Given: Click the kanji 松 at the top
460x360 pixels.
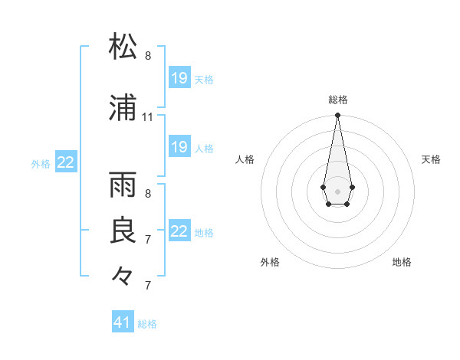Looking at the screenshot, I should [123, 47].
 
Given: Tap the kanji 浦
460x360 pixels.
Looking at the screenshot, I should [123, 109].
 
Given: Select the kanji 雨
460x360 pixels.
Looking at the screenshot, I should [123, 185].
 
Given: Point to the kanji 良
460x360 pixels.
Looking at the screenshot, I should [123, 230].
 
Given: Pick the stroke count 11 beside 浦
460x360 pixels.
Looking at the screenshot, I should [148, 117].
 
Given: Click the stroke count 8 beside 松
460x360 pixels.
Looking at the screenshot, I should [148, 56].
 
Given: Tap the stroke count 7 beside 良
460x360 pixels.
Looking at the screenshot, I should [148, 239].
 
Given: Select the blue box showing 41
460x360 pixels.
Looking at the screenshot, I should [123, 322].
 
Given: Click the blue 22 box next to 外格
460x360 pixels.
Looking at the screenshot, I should [66, 162].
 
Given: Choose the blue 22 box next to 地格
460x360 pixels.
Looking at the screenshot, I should [179, 231].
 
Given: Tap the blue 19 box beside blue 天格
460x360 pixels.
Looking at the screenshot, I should [179, 78].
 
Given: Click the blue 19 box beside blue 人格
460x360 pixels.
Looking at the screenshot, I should [179, 147].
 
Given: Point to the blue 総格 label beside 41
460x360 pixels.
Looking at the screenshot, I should [147, 324].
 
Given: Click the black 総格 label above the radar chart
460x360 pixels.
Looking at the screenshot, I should [337, 100].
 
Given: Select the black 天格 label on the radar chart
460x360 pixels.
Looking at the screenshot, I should [431, 159].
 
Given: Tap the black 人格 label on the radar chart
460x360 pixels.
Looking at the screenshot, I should [245, 159].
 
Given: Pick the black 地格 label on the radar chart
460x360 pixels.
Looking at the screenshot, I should [402, 262].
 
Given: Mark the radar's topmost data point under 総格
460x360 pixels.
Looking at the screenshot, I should [337, 116].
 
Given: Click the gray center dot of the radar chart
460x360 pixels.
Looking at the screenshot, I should [337, 190].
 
